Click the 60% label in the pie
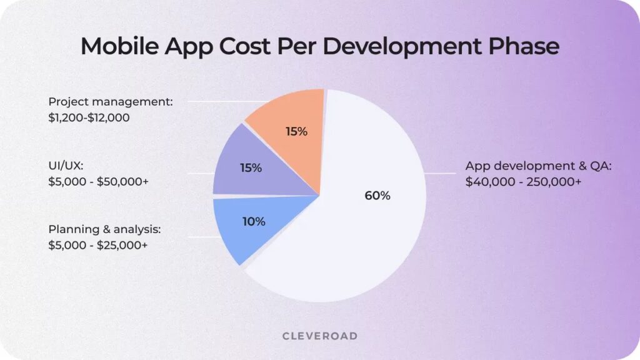pyautogui.click(x=377, y=196)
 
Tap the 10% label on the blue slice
pyautogui.click(x=252, y=221)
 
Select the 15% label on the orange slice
pyautogui.click(x=296, y=131)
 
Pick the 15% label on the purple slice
pyautogui.click(x=251, y=167)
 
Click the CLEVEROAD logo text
pyautogui.click(x=320, y=336)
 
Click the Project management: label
pyautogui.click(x=110, y=101)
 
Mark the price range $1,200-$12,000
pyautogui.click(x=89, y=117)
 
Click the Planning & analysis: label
pyautogui.click(x=109, y=229)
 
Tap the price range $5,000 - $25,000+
pyautogui.click(x=97, y=245)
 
